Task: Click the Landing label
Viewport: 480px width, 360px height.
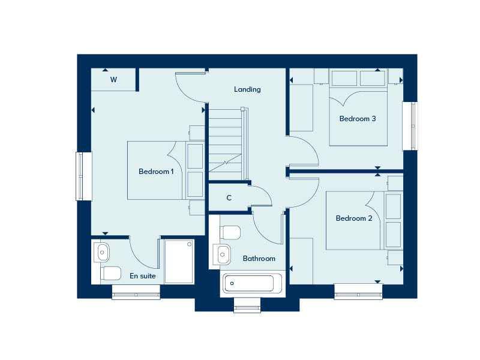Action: tap(247, 89)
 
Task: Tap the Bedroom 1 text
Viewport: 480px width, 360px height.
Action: tap(156, 172)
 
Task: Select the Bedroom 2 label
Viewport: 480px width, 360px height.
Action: tap(354, 218)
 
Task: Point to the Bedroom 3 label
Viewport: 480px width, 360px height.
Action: tap(358, 119)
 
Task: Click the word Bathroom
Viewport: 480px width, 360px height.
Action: tap(259, 259)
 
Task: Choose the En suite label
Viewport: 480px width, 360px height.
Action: tap(143, 276)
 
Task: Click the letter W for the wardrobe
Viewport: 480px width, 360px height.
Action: tap(113, 80)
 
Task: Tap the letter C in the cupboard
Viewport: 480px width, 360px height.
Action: tap(229, 198)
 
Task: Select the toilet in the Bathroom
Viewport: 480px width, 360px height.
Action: tap(230, 233)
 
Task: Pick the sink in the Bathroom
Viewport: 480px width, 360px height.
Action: tap(222, 254)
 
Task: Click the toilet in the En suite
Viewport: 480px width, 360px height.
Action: tap(110, 274)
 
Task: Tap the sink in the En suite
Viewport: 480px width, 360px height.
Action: tap(101, 253)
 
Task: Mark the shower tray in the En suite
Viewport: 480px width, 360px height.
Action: tap(179, 262)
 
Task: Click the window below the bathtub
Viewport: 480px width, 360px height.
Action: tap(247, 305)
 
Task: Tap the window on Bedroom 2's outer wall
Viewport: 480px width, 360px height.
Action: tap(358, 292)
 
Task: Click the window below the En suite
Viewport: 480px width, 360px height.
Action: tap(136, 292)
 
